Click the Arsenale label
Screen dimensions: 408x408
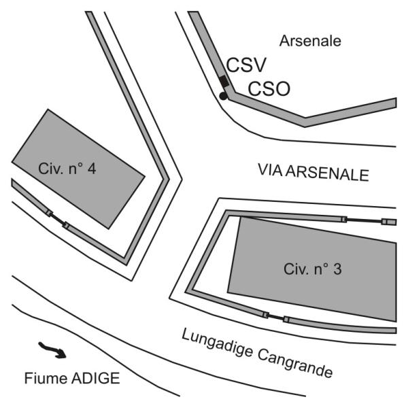coord(310,41)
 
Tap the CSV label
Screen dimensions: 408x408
coord(246,65)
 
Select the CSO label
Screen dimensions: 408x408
coord(269,88)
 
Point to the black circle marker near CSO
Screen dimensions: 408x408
coord(223,96)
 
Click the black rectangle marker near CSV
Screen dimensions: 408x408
coord(224,81)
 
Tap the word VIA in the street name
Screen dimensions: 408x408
coord(271,170)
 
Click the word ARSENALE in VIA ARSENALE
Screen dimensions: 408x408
coord(328,173)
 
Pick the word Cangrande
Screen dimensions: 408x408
coord(295,362)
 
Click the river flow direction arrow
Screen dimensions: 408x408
coord(52,350)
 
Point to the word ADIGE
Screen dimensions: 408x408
coord(95,378)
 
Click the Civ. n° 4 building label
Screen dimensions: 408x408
coord(67,169)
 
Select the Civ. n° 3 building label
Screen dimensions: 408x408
coord(313,269)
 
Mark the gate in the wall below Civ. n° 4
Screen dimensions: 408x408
coord(58,219)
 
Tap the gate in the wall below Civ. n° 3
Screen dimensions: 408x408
coord(276,317)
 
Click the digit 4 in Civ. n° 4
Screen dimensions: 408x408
coord(92,169)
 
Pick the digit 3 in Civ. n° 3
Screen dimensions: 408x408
coord(337,269)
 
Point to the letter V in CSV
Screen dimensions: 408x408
coord(259,65)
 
